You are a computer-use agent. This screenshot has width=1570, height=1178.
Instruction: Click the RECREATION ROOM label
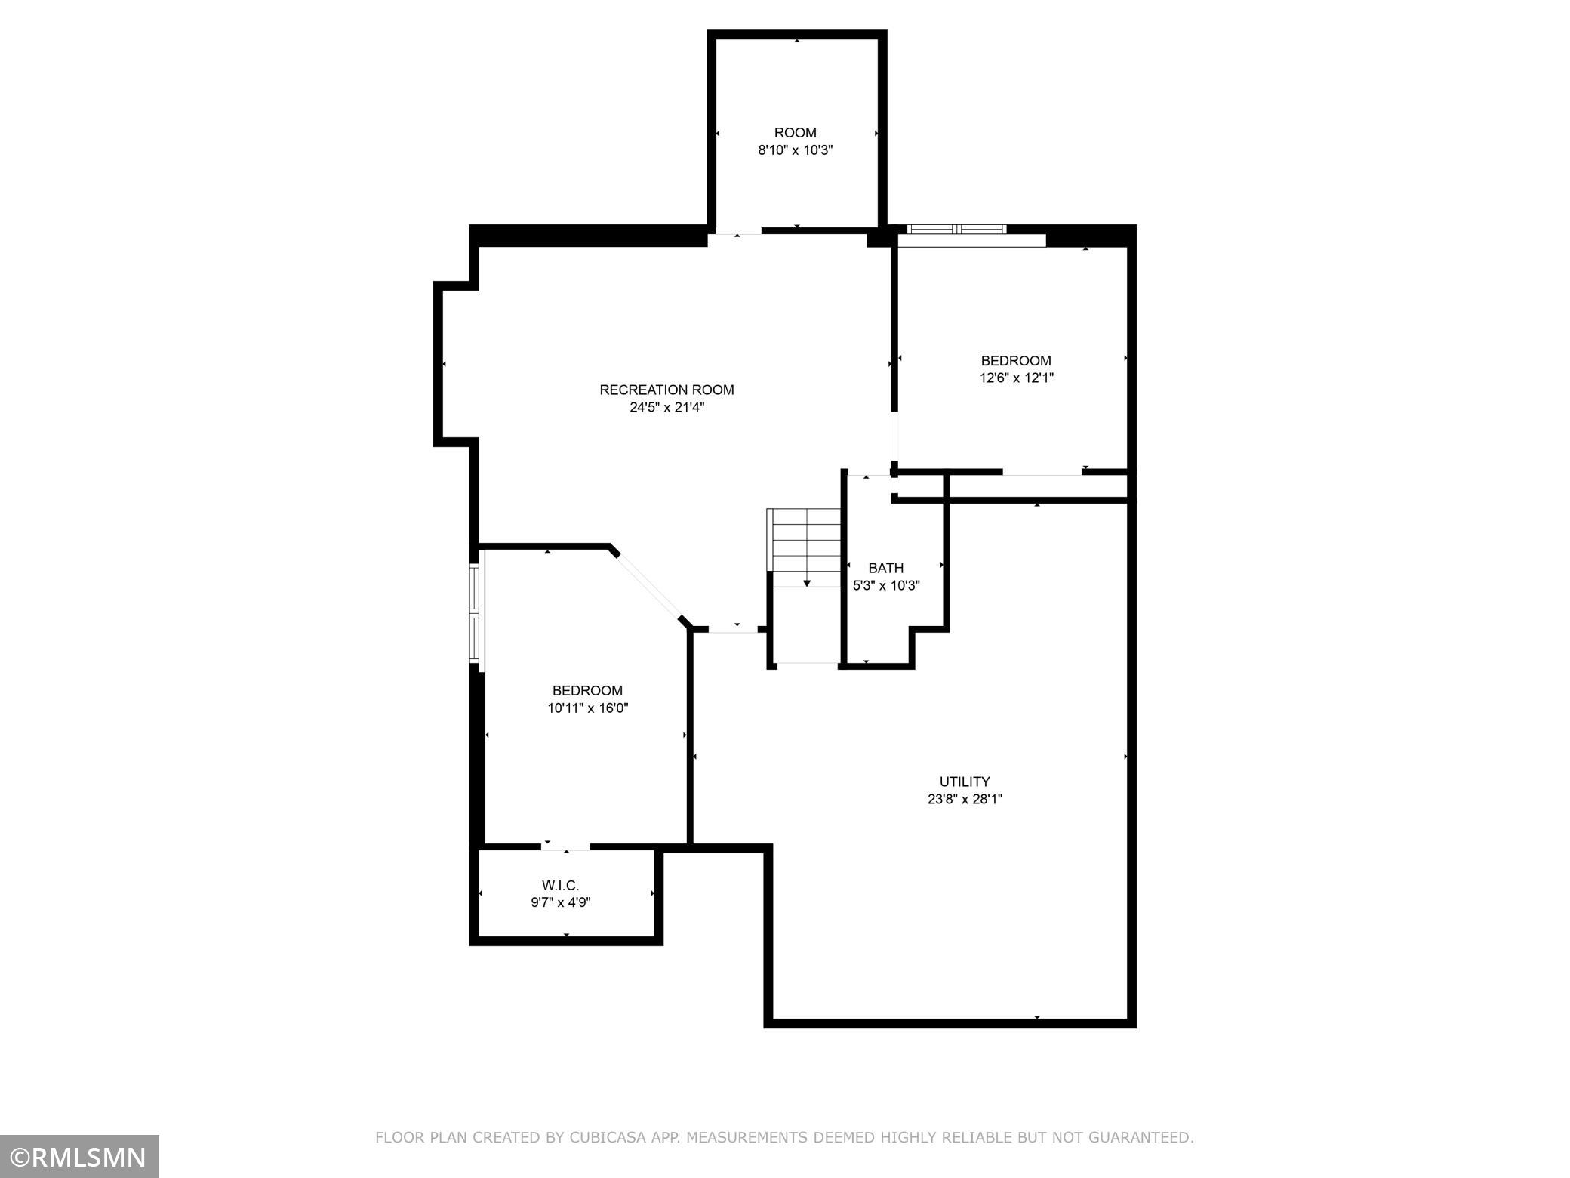pyautogui.click(x=666, y=390)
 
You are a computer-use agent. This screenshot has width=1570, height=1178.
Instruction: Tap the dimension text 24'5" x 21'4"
pyautogui.click(x=666, y=408)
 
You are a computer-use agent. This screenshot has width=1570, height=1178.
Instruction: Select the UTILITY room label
pyautogui.click(x=965, y=782)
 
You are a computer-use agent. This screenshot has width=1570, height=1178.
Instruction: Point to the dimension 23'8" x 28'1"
pyautogui.click(x=965, y=800)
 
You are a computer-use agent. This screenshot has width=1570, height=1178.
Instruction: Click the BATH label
pyautogui.click(x=885, y=568)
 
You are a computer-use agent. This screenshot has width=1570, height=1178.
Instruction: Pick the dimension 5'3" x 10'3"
pyautogui.click(x=886, y=585)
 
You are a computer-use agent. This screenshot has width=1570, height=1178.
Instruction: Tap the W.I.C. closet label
pyautogui.click(x=560, y=885)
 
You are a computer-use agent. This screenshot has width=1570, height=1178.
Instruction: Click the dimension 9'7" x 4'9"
pyautogui.click(x=561, y=902)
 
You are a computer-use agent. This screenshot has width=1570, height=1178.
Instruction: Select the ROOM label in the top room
pyautogui.click(x=796, y=133)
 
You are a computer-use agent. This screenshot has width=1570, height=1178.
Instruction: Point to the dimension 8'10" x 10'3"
pyautogui.click(x=796, y=150)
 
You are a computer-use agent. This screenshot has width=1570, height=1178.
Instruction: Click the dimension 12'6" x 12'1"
pyautogui.click(x=1017, y=378)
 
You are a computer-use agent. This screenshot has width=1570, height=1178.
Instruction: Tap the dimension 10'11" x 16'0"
pyautogui.click(x=588, y=708)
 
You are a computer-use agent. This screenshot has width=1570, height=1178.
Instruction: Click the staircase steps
pyautogui.click(x=805, y=548)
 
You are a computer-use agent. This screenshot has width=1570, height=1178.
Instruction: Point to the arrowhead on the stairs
pyautogui.click(x=807, y=583)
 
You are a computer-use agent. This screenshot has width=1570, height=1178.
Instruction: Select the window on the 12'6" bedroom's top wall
pyautogui.click(x=957, y=230)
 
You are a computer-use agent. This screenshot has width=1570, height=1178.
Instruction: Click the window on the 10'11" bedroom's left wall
pyautogui.click(x=475, y=614)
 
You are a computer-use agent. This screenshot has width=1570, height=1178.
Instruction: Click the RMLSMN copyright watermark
pyautogui.click(x=79, y=1156)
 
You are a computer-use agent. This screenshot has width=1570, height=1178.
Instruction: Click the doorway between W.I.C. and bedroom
pyautogui.click(x=566, y=846)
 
